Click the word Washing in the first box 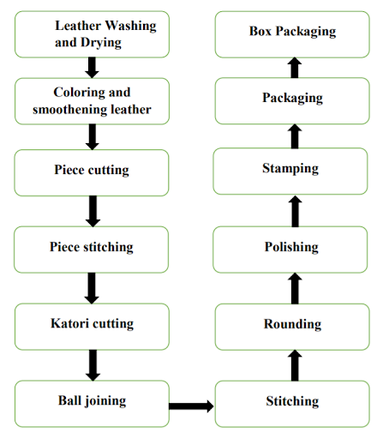click(131, 27)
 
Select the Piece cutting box click(92, 172)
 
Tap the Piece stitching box click(91, 250)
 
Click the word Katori click(70, 323)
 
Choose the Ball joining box click(92, 404)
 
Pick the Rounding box click(292, 327)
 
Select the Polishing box click(290, 250)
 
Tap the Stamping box click(290, 171)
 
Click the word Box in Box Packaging click(260, 31)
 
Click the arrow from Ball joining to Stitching click(191, 406)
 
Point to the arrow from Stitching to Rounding click(295, 365)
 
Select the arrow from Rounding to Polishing click(295, 288)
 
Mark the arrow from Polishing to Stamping click(295, 211)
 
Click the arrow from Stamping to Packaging click(295, 136)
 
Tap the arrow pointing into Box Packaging click(295, 68)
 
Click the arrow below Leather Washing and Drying click(92, 68)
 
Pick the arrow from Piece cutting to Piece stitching click(93, 211)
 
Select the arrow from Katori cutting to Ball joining click(93, 365)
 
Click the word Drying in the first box click(101, 43)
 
